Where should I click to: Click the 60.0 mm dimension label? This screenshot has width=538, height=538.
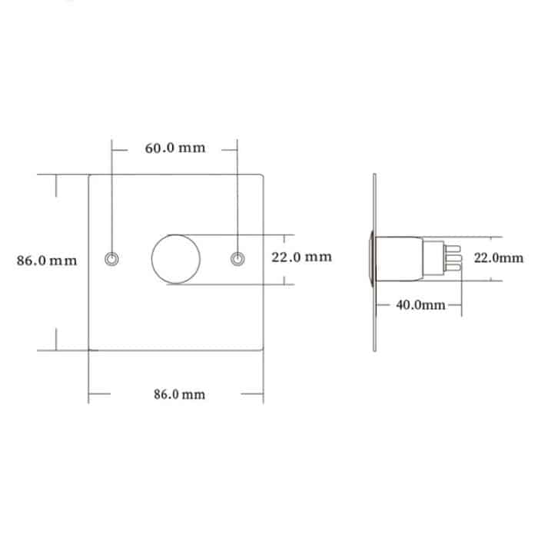coord(175,148)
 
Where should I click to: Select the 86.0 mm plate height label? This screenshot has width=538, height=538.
coord(47,261)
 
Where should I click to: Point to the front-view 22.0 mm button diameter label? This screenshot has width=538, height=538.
coord(301,257)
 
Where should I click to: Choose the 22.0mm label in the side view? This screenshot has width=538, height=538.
coord(498,258)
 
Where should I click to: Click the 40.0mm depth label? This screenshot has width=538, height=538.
coord(420,305)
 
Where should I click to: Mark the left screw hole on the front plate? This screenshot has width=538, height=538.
coord(113,260)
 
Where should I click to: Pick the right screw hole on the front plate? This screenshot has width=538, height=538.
coord(238,260)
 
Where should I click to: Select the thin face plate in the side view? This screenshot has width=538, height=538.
coord(374,261)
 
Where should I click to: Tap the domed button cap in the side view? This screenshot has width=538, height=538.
coord(371,259)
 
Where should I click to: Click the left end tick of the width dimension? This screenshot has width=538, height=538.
coord(90,394)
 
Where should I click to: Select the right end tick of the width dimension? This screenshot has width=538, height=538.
coord(263,394)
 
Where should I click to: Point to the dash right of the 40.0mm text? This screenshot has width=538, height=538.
coord(454,305)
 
